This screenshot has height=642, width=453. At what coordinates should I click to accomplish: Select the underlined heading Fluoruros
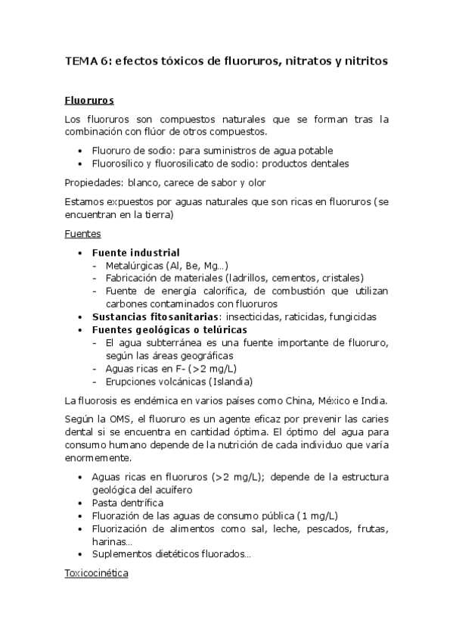coord(89,100)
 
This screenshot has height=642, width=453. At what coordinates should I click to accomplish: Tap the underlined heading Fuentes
coord(82,234)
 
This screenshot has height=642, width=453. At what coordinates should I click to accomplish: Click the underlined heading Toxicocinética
coord(96,574)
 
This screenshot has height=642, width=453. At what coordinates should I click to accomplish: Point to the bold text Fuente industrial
coord(135,251)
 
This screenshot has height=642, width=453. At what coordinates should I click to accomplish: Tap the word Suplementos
coord(119,555)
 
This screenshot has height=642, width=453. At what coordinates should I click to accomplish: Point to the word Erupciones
coord(132,382)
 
